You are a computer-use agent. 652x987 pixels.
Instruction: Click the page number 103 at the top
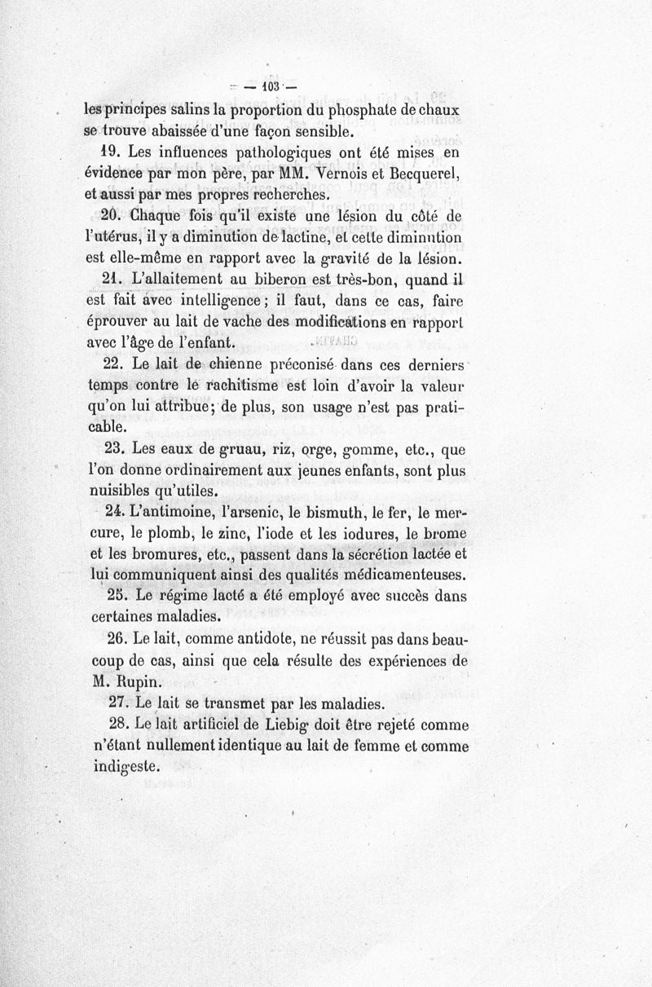(x=268, y=84)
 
